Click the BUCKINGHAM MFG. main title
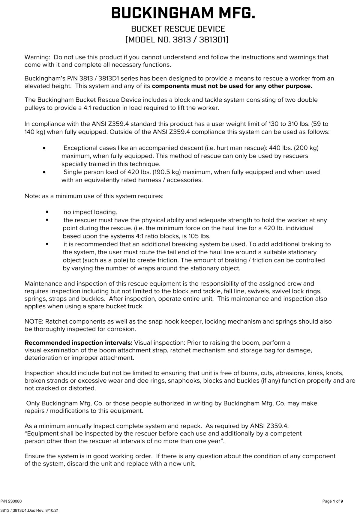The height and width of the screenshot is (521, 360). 183,13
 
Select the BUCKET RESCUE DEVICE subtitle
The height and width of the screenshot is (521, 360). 178,29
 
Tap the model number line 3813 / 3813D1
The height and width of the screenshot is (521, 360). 177,39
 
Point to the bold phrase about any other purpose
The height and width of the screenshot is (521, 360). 232,86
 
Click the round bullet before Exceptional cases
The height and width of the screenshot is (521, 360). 44,148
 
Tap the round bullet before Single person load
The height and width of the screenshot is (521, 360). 44,172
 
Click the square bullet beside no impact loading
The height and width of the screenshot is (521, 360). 47,212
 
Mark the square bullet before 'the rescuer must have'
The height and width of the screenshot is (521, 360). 47,220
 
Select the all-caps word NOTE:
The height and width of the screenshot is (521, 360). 34,322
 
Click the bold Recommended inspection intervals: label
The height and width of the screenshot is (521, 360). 78,343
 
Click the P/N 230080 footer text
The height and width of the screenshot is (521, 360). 11,501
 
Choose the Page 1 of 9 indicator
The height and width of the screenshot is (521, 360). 332,501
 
